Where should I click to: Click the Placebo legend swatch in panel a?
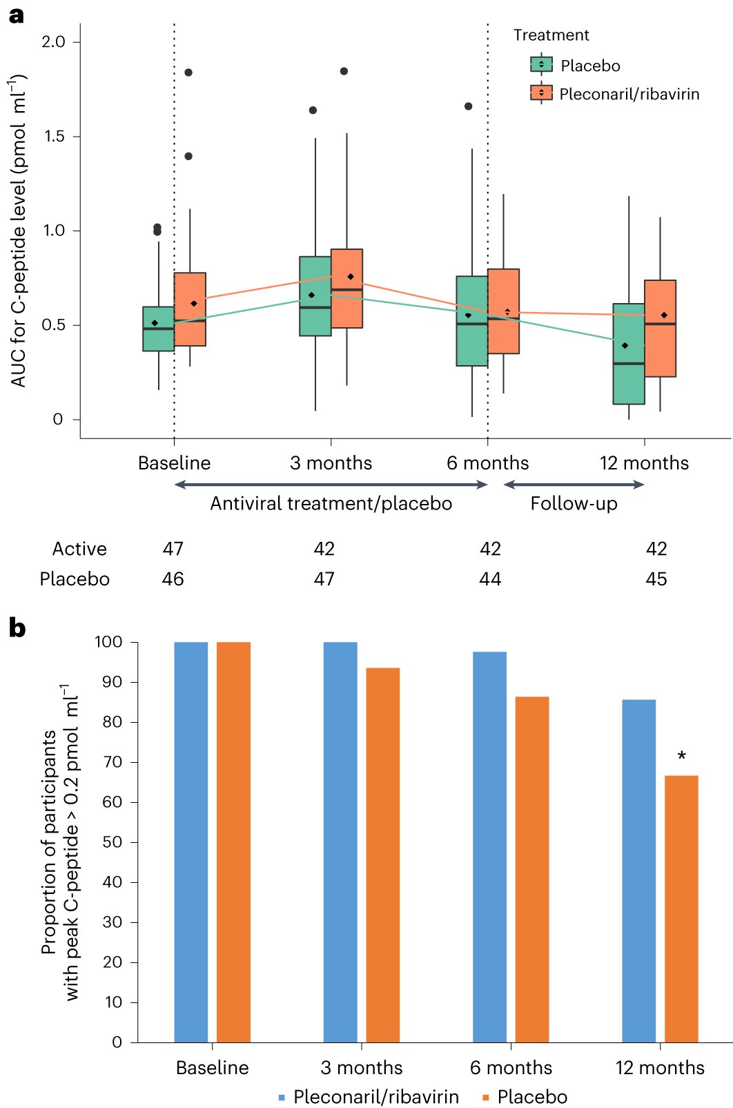pos(541,65)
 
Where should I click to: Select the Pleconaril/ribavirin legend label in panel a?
pos(629,94)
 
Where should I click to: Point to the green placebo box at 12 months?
pos(629,353)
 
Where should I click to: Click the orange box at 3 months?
pos(346,289)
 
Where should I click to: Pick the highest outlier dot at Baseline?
pos(188,72)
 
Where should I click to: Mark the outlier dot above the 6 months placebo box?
pos(469,106)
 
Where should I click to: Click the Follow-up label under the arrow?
pos(574,503)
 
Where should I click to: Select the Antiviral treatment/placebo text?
pos(331,503)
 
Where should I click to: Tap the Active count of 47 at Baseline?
pos(173,549)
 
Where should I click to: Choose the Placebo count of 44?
pos(490,579)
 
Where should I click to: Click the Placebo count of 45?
pos(656,579)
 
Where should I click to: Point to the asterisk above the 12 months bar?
pos(681,755)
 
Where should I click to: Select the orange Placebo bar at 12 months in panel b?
pos(681,908)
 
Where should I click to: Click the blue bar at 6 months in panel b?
pos(489,846)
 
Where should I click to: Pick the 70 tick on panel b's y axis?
pos(113,762)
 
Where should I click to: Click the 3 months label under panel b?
pos(361,1067)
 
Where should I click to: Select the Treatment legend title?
pos(551,35)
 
